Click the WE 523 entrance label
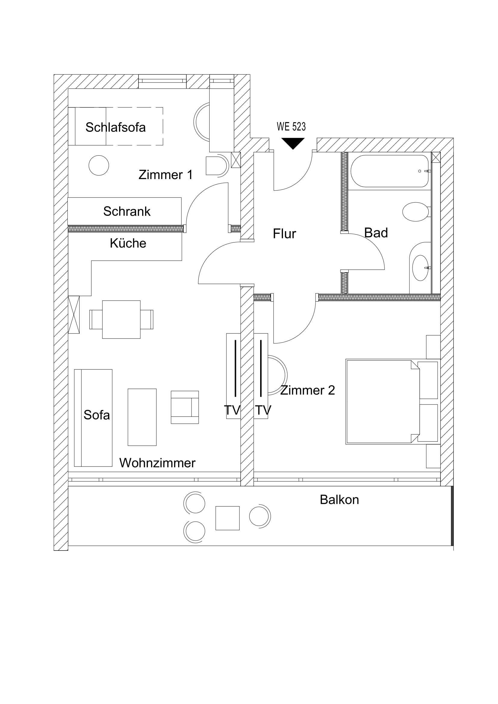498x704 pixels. (x=291, y=127)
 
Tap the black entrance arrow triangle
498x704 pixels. (x=293, y=143)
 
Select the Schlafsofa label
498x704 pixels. (x=115, y=127)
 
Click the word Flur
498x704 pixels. (x=284, y=234)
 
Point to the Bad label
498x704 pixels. (x=376, y=233)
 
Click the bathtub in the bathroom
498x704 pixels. (x=389, y=171)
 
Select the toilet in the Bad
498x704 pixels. (x=416, y=212)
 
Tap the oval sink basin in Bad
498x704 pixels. (x=420, y=268)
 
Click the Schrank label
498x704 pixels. (x=127, y=212)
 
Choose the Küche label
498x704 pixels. (x=128, y=243)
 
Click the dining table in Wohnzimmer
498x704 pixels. (x=121, y=320)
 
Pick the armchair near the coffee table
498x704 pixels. (x=185, y=407)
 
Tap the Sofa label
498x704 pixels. (x=97, y=415)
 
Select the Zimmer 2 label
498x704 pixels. (x=307, y=390)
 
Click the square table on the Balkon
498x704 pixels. (x=227, y=518)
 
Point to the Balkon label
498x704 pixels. (x=339, y=500)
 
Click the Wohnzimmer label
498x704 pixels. (x=157, y=463)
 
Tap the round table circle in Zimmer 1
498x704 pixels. (x=99, y=165)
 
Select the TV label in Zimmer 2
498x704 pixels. (x=263, y=410)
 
